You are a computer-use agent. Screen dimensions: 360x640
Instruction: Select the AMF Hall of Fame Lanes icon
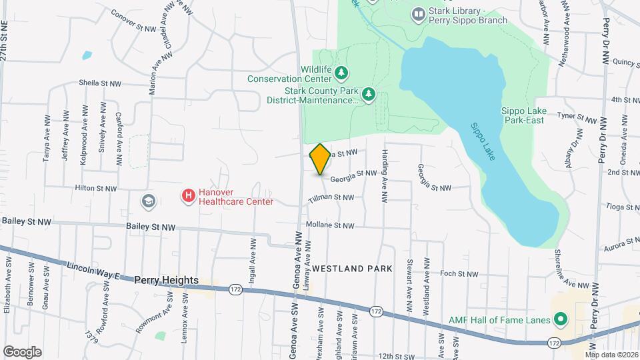pos(561,320)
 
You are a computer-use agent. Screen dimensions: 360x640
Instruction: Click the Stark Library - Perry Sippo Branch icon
pos(419,13)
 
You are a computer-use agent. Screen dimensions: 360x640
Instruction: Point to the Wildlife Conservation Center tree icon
pos(341,71)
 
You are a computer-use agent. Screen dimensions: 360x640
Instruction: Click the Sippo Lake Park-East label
pos(523,115)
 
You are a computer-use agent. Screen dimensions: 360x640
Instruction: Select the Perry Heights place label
pos(166,281)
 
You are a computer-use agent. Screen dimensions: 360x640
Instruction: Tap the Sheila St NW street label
pos(100,83)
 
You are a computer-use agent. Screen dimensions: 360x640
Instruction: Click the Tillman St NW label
pos(331,198)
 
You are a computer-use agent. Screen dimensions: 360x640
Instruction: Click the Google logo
pos(22,351)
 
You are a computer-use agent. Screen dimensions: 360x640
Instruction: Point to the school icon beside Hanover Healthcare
pos(147,201)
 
